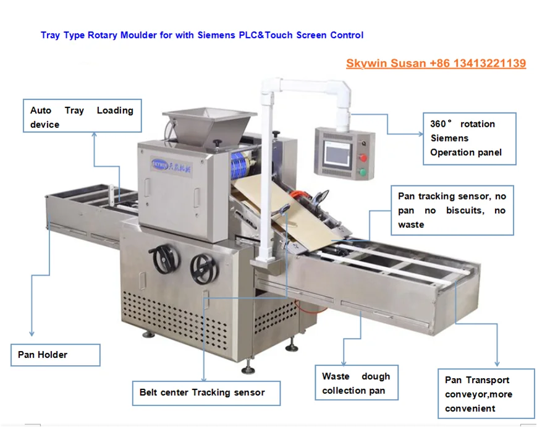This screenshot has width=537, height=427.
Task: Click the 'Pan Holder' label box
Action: pyautogui.click(x=55, y=355)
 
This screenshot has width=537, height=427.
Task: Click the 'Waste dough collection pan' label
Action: pyautogui.click(x=356, y=383)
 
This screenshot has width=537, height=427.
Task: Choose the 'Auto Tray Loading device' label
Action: pyautogui.click(x=82, y=117)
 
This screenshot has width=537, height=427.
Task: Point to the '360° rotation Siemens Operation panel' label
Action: pyautogui.click(x=469, y=138)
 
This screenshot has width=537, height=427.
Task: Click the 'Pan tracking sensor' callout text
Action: pyautogui.click(x=452, y=211)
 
